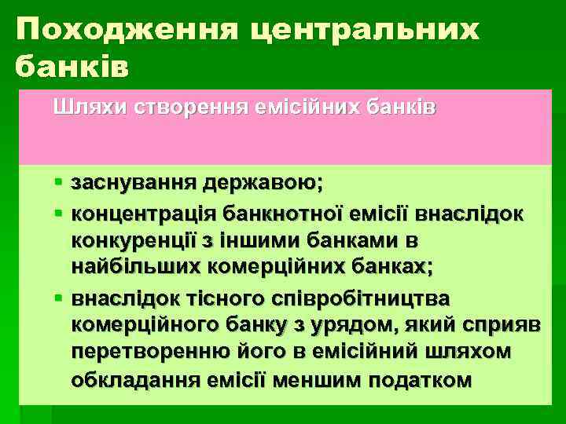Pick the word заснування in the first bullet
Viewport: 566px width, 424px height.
tap(134, 184)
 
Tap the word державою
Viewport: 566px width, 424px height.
tap(263, 184)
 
